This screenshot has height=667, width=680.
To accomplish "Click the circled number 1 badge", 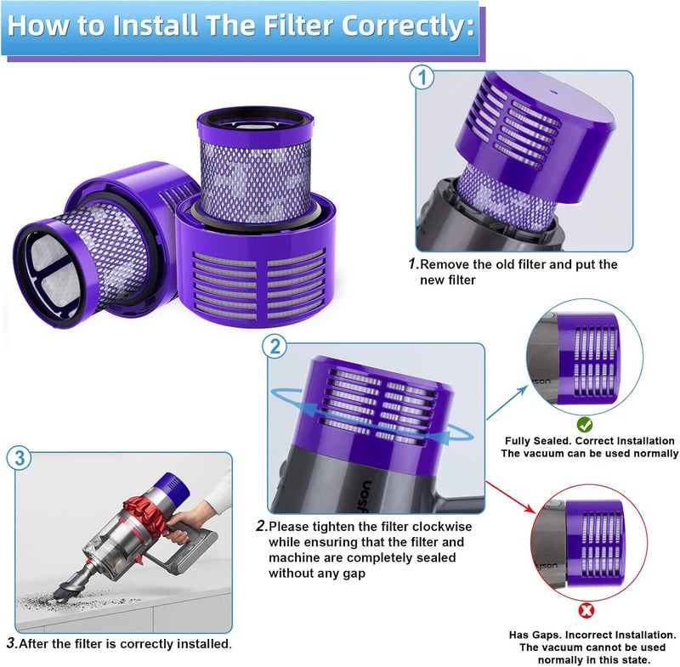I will (422, 79).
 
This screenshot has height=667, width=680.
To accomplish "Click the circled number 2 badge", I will (275, 347).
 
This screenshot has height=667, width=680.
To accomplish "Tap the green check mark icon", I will (585, 423).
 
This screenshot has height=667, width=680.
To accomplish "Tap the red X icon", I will (585, 609).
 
